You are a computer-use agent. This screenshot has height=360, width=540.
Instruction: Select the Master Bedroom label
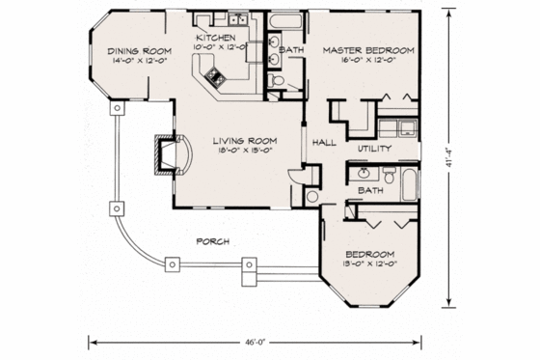[x=368, y=49]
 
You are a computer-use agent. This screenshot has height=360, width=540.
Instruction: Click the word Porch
[x=211, y=241]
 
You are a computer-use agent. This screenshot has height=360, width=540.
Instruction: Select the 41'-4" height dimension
[x=451, y=156]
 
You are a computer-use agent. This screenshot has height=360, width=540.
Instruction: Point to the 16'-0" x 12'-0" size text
[x=368, y=60]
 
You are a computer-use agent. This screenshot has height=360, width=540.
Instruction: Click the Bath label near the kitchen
[x=291, y=49]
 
